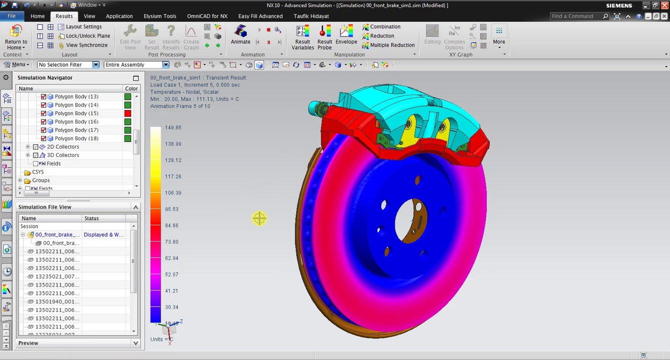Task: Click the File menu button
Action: click(11, 16)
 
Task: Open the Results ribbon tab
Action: click(64, 16)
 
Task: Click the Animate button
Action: click(240, 35)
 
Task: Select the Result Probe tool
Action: click(325, 37)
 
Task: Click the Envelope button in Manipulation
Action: click(346, 35)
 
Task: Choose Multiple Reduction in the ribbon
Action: click(392, 45)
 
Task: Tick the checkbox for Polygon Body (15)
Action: click(44, 113)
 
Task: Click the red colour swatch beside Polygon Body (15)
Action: click(128, 113)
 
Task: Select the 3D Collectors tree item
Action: click(63, 155)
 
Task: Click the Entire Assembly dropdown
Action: click(136, 64)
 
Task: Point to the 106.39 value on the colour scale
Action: click(173, 193)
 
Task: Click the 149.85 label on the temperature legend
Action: click(173, 128)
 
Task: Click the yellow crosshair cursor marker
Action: click(259, 218)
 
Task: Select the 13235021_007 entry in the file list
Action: click(57, 276)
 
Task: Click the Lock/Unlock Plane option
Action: click(88, 36)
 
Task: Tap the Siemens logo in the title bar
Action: click(619, 5)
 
